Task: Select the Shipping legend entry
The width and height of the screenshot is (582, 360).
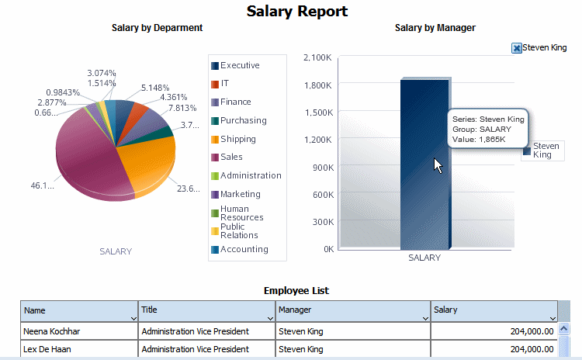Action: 237,140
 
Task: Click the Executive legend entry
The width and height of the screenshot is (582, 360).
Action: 239,66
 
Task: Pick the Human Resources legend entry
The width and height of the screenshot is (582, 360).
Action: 241,213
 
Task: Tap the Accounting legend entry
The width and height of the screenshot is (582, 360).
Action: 244,249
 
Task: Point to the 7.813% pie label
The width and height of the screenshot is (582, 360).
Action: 184,109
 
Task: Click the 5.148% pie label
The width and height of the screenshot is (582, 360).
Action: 154,88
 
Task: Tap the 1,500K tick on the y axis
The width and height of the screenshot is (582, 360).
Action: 319,112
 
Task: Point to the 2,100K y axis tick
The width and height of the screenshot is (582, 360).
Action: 319,57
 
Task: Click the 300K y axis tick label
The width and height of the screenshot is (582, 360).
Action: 322,221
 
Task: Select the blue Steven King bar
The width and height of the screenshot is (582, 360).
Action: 424,164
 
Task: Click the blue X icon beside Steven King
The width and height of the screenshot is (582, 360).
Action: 517,48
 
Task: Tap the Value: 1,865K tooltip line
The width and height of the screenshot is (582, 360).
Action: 479,140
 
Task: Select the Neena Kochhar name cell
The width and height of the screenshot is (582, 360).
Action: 52,331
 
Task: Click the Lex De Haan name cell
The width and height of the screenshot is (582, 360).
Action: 47,349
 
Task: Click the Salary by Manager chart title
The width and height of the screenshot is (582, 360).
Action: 435,28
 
